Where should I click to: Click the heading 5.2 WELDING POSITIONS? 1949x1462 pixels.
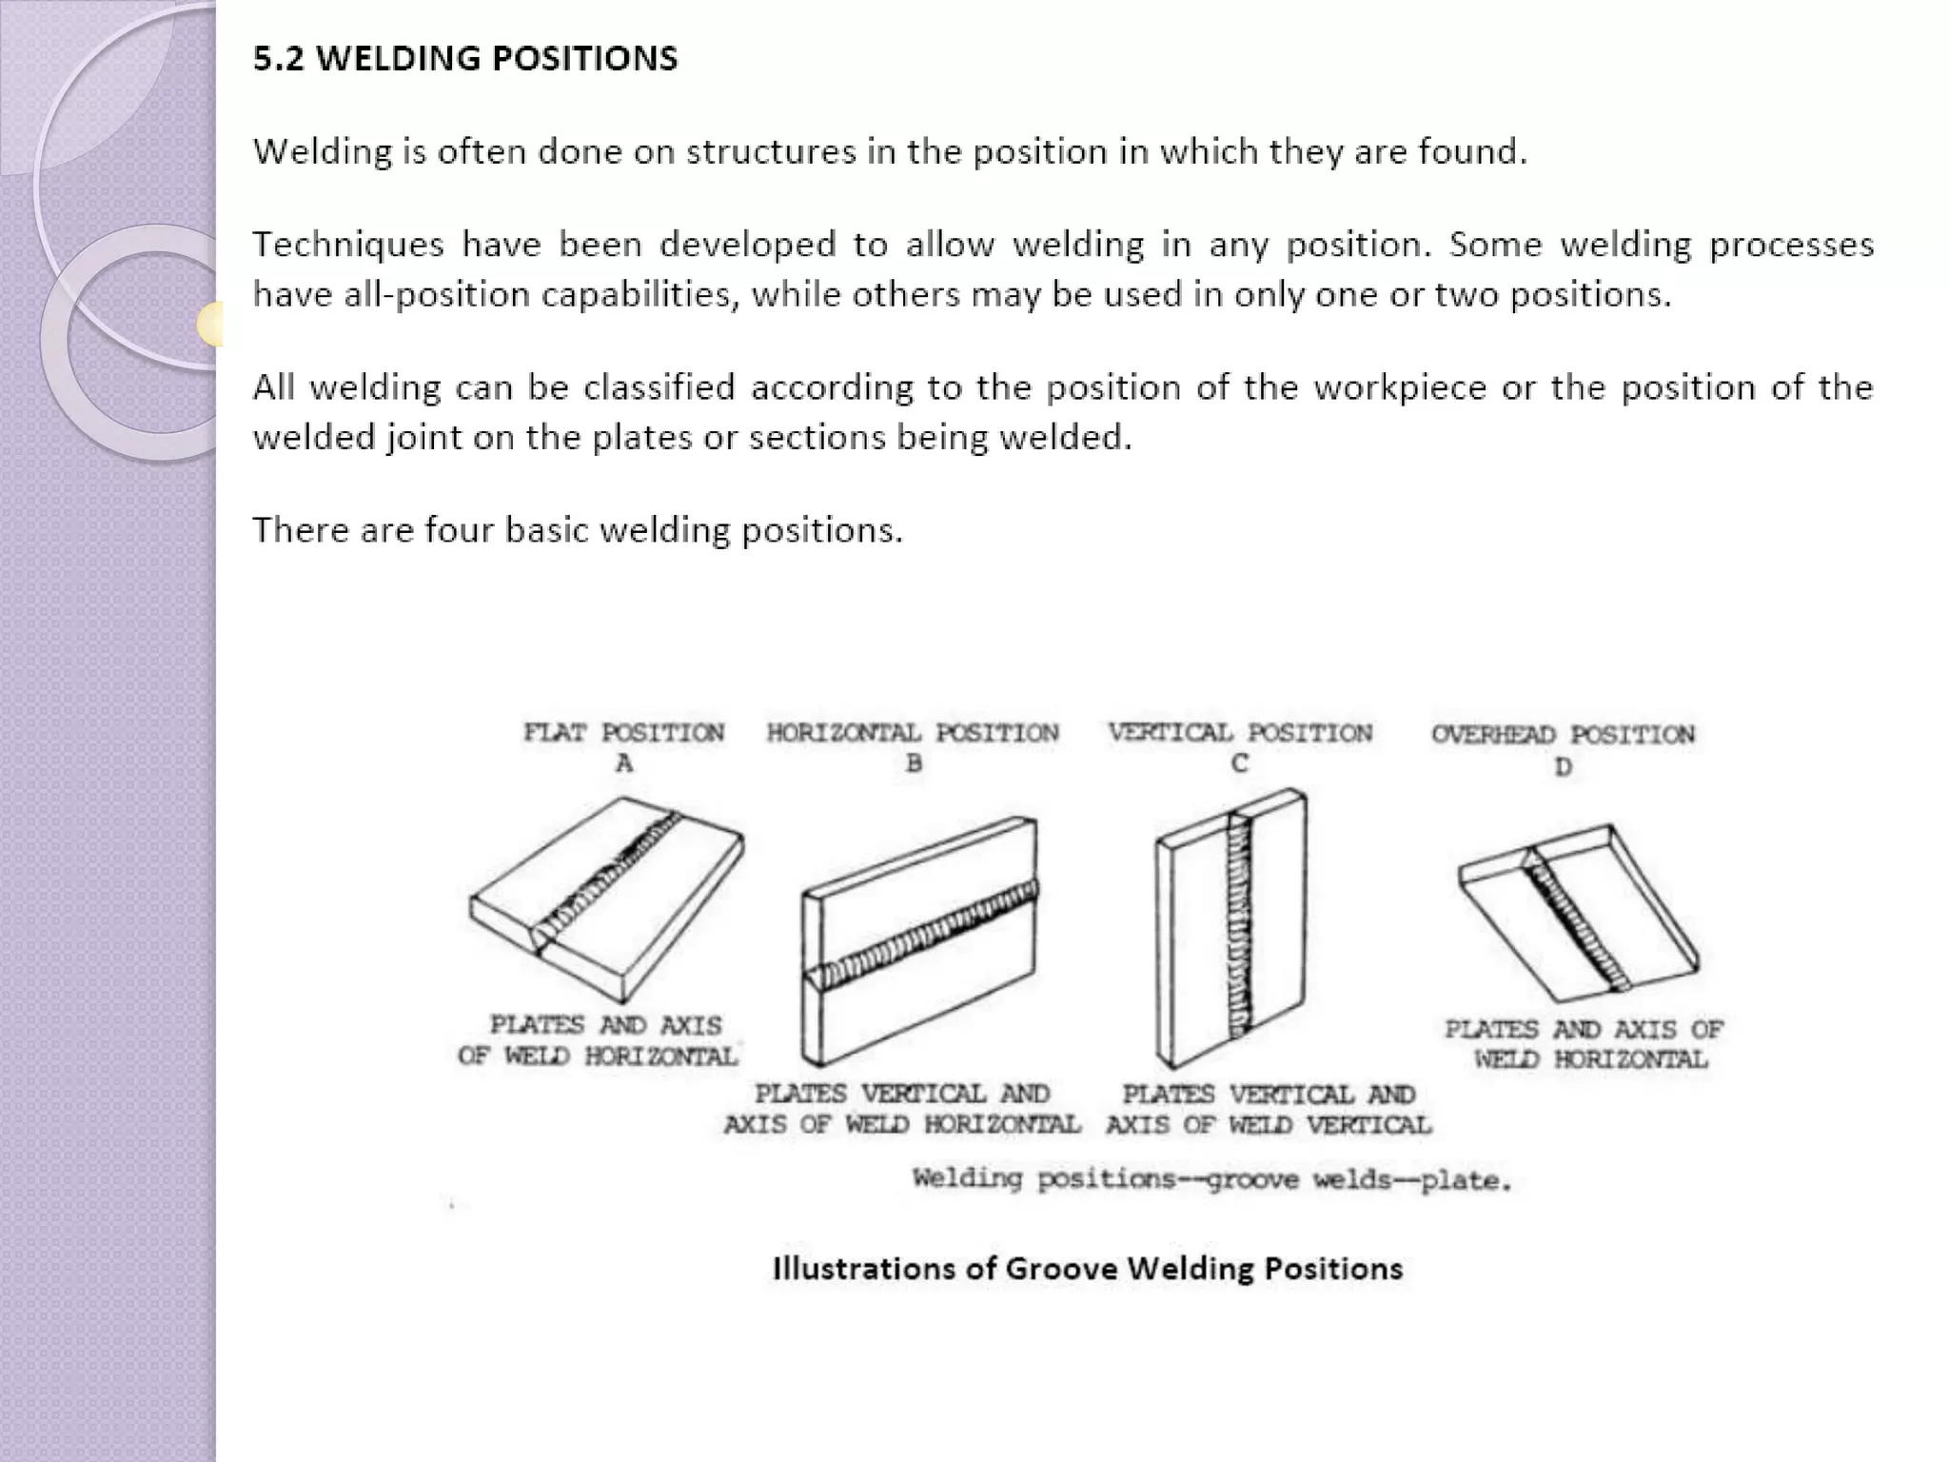(464, 59)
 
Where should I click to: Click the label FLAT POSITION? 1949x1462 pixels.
(623, 733)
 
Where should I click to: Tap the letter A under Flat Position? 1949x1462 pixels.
(624, 763)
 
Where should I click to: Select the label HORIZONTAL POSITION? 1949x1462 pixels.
(913, 733)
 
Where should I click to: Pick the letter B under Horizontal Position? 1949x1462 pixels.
(914, 763)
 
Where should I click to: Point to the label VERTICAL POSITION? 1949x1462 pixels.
(1240, 733)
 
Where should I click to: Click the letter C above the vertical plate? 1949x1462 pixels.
(1239, 764)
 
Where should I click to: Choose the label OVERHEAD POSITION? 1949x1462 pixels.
(1563, 735)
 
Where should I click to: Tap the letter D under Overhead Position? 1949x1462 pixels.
(1563, 767)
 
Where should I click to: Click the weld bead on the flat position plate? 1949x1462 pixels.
(609, 876)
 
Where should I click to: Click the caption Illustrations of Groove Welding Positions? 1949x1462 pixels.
(1087, 1269)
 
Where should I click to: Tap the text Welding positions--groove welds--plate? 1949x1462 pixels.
(1211, 1180)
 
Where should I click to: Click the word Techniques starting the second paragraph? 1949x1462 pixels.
(347, 246)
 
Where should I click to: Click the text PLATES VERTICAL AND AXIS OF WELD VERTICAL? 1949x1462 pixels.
(1269, 1110)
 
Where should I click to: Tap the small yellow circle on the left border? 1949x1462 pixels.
(211, 324)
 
